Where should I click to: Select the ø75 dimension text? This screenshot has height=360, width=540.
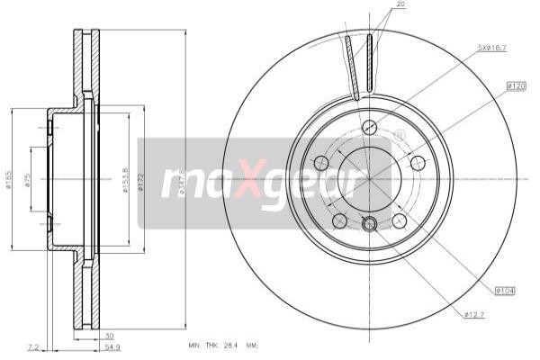pos(28,182)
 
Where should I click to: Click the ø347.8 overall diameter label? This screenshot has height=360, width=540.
pos(183,181)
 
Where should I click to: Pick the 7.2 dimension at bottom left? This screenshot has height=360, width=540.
pos(33,346)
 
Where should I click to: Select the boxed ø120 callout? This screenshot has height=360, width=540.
pos(515,85)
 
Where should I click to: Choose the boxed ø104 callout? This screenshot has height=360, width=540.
pos(506,290)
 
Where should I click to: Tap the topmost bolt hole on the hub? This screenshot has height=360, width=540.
pos(369,127)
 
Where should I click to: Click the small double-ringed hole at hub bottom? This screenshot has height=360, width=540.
pos(369,224)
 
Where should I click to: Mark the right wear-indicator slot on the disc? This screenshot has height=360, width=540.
pos(370,65)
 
